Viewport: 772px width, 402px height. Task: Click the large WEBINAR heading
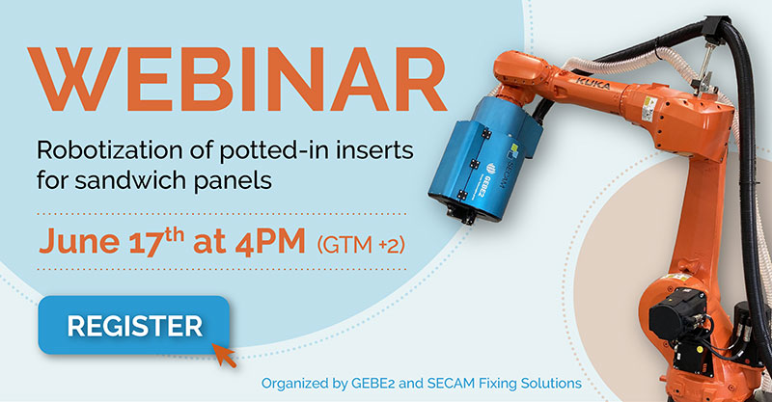[236, 79]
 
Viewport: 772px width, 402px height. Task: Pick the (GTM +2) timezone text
[361, 244]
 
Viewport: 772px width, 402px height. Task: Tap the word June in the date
[79, 241]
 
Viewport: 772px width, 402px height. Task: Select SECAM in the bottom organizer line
[447, 384]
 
